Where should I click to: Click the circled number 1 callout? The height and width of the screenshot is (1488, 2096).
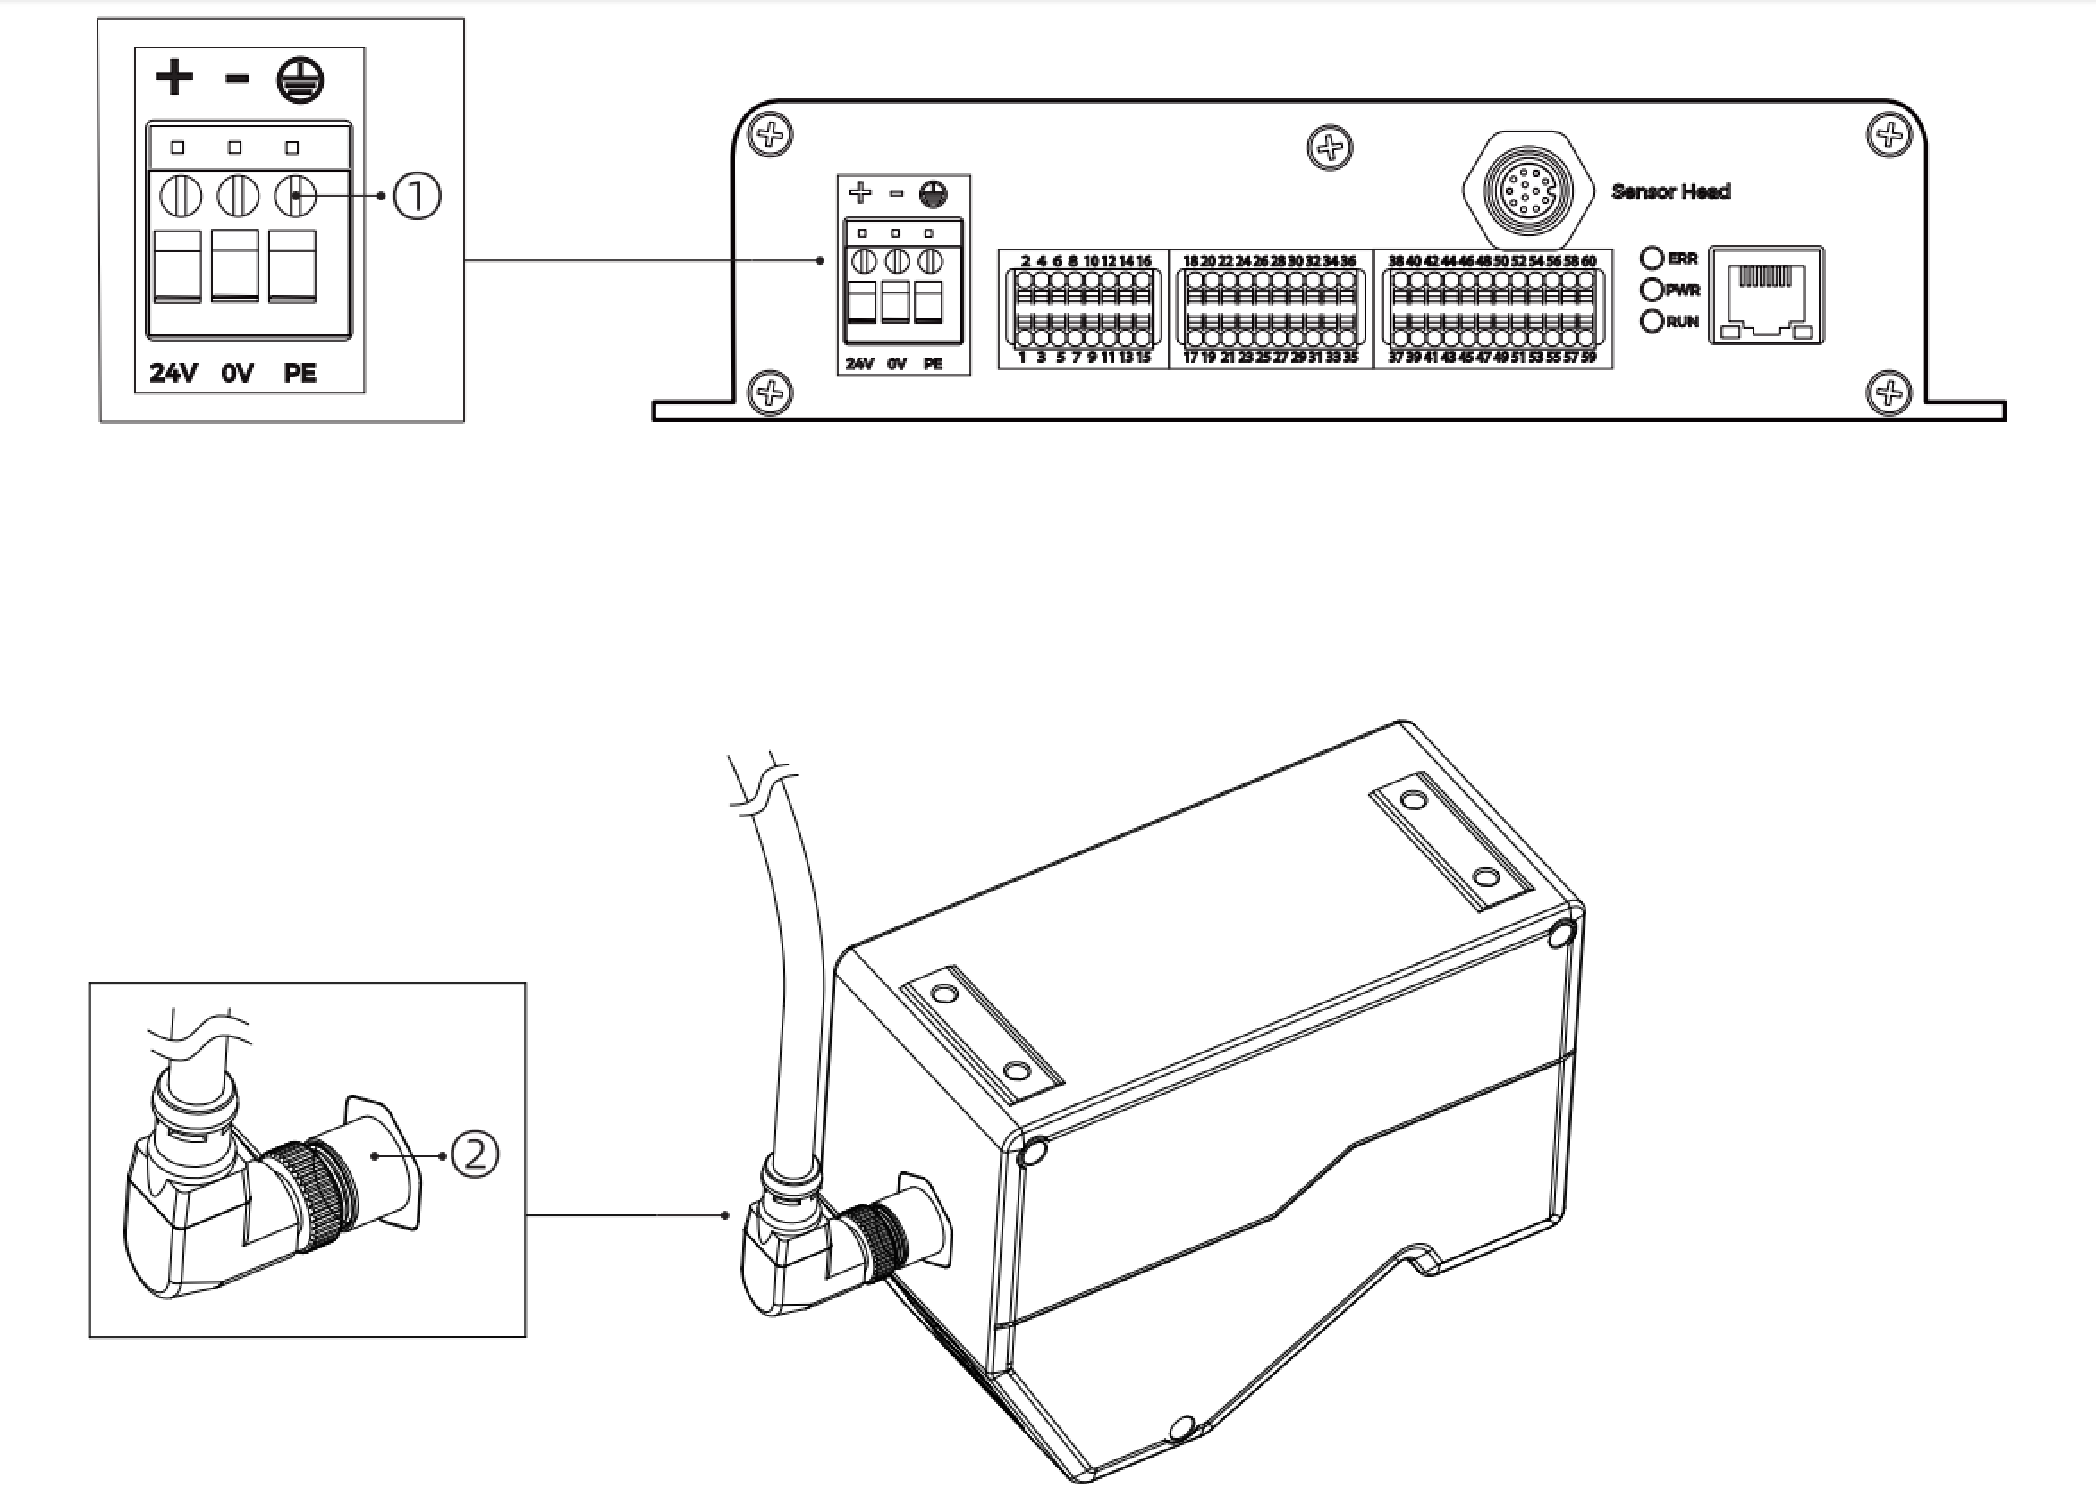coord(417,196)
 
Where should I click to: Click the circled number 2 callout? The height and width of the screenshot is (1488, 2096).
coord(476,1155)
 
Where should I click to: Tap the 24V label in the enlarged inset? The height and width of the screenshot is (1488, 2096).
coord(173,373)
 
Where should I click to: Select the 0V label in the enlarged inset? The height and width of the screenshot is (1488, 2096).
coord(236,373)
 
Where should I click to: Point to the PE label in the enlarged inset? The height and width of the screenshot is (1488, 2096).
coord(300,373)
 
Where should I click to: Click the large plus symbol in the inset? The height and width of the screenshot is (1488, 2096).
coord(174,78)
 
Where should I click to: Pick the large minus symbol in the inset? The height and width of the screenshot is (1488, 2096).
coord(236,79)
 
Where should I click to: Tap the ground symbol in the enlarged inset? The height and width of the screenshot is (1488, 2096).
coord(300,80)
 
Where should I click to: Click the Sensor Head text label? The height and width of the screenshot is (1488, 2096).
coord(1671,191)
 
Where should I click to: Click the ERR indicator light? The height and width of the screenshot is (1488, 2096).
coord(1652,258)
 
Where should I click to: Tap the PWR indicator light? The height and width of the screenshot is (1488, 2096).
coord(1652,290)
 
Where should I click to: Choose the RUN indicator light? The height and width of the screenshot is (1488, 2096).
coord(1652,322)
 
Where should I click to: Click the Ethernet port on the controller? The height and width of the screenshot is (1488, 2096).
coord(1765,295)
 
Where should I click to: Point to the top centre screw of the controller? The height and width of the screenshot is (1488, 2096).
coord(1330,147)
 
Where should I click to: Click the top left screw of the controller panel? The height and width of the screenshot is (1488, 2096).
coord(771,136)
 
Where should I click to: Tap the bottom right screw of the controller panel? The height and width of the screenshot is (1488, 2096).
coord(1888,393)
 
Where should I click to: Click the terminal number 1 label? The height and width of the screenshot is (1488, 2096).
coord(1022,358)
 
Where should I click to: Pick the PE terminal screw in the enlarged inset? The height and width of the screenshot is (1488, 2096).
coord(295,196)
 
